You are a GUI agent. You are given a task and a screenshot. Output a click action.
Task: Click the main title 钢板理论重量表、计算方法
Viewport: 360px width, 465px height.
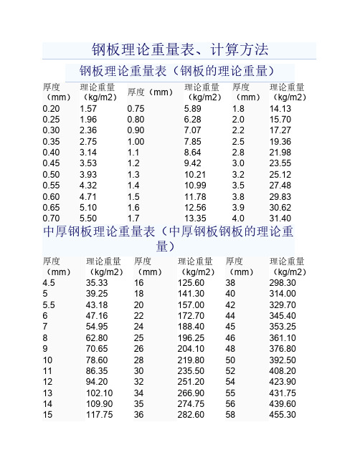click(x=180, y=50)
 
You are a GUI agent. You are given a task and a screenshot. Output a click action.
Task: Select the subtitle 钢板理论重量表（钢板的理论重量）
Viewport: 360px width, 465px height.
click(x=179, y=71)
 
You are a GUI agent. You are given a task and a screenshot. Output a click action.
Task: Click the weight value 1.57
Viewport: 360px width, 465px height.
click(x=88, y=108)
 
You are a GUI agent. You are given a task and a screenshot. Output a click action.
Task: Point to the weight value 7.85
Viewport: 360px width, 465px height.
click(x=195, y=143)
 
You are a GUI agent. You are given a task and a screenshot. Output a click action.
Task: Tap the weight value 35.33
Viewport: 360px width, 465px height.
click(x=97, y=284)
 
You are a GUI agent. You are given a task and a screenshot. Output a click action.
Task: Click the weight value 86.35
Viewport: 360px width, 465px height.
click(x=97, y=371)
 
